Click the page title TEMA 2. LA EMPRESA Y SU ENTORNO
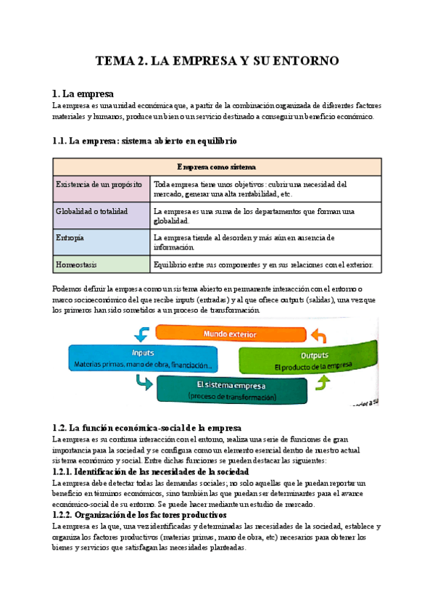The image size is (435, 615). click(x=217, y=62)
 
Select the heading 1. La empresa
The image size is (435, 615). click(x=83, y=94)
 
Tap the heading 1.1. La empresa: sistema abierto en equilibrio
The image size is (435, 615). click(x=144, y=140)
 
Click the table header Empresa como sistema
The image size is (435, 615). click(x=217, y=167)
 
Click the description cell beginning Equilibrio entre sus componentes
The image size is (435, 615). click(x=265, y=265)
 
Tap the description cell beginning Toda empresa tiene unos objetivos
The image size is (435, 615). click(x=265, y=189)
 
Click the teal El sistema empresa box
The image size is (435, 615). click(x=231, y=390)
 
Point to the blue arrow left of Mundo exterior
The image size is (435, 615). click(x=142, y=334)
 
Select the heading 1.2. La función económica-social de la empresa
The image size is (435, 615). click(x=147, y=428)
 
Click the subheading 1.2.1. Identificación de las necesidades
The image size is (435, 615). click(x=151, y=472)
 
